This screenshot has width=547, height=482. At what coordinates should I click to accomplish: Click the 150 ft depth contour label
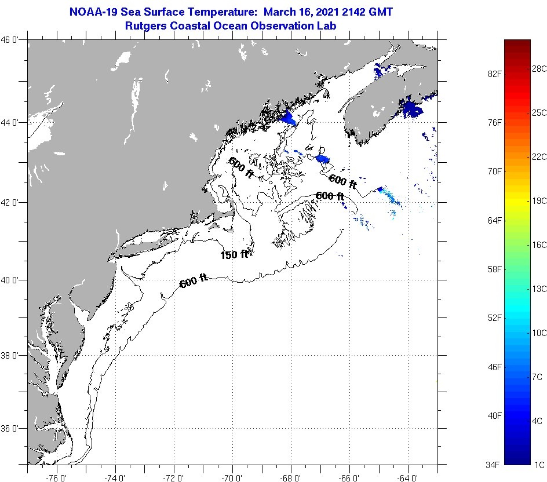coord(234,254)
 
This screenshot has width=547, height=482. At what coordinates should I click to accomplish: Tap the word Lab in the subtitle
coord(327,25)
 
